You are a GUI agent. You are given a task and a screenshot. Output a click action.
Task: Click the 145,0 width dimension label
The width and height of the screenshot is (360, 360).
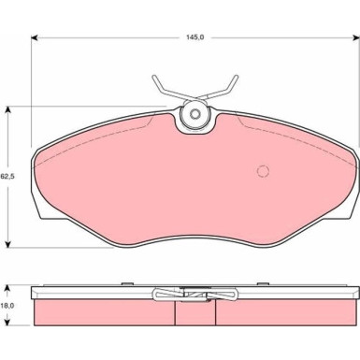[x=195, y=37]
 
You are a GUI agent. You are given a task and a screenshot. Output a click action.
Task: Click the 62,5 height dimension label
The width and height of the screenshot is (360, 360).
[x=7, y=177]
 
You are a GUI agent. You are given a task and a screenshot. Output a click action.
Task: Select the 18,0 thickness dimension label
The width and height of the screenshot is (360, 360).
[x=7, y=306]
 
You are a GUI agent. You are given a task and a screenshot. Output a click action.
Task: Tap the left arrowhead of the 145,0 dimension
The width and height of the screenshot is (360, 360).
[x=35, y=37]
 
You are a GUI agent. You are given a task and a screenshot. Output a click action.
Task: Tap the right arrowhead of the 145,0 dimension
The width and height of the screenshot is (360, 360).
[x=356, y=37]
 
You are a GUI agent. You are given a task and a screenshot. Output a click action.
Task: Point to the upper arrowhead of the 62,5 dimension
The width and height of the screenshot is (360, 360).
[x=8, y=109]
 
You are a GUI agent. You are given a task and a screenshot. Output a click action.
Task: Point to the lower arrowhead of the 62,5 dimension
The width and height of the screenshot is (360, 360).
[x=8, y=244]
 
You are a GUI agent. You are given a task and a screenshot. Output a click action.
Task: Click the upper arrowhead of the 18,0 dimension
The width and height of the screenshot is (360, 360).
[x=7, y=289]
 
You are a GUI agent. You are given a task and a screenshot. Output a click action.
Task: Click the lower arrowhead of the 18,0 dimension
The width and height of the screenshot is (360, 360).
[x=7, y=322]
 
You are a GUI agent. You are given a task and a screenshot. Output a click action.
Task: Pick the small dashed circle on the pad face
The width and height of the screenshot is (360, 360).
[x=263, y=171]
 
